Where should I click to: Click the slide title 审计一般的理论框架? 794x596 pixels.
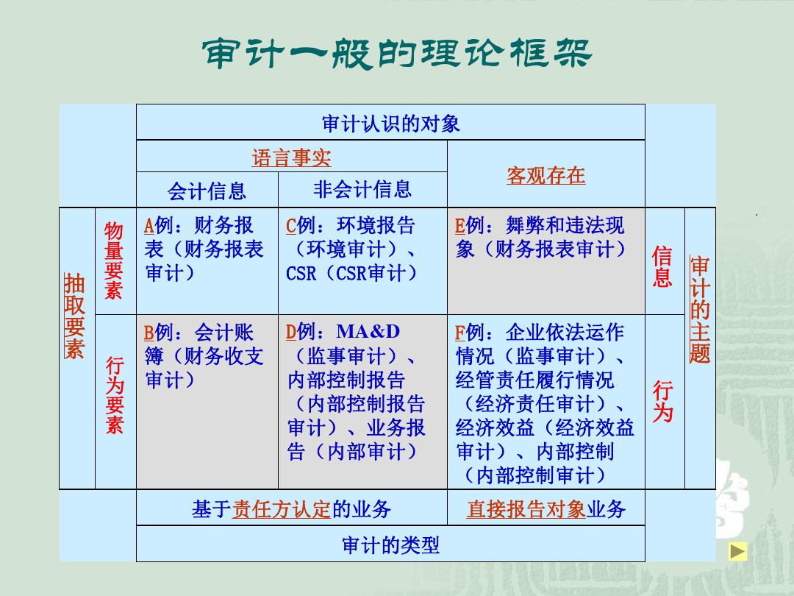click(x=396, y=53)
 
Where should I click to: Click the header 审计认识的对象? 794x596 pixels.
click(x=390, y=124)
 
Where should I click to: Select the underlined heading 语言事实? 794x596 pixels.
click(x=291, y=157)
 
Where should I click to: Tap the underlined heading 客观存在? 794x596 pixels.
click(x=546, y=175)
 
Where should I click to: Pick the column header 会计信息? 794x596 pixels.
click(x=207, y=191)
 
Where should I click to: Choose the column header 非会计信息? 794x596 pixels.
click(x=362, y=190)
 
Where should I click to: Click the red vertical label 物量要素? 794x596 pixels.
click(x=114, y=260)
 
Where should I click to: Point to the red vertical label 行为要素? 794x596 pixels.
click(x=115, y=395)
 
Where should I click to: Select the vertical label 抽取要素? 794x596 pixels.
click(x=74, y=316)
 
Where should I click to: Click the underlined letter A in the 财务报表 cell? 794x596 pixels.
click(x=149, y=226)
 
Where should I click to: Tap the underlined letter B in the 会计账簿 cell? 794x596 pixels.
click(x=149, y=333)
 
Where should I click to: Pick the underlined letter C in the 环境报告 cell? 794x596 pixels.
click(x=291, y=226)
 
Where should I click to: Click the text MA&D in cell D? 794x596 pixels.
click(x=368, y=331)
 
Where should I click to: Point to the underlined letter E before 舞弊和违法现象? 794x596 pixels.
click(x=459, y=226)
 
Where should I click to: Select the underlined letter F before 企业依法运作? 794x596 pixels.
click(x=459, y=333)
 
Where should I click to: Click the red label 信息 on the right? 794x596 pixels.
click(x=662, y=266)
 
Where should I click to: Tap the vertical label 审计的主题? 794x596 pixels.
click(x=700, y=310)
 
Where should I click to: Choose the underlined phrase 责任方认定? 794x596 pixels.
click(x=282, y=509)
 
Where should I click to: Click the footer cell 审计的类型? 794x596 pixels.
click(x=390, y=545)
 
